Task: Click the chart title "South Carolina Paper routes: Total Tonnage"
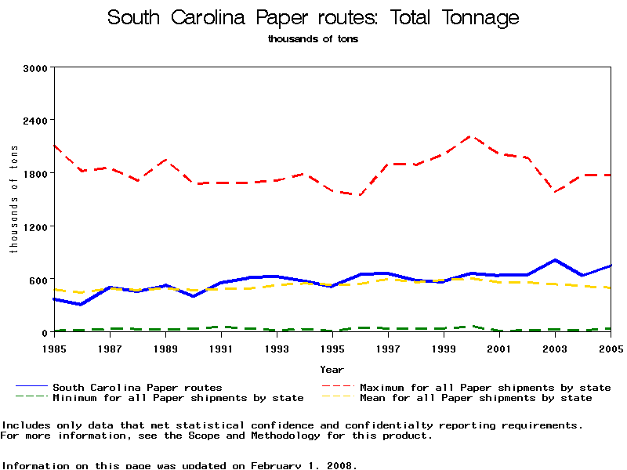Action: coord(313,18)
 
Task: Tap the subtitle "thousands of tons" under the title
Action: coord(313,38)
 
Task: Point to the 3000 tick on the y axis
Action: coord(37,68)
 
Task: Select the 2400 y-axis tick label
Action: coord(37,121)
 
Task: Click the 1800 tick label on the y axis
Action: coord(37,173)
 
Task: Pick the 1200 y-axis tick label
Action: coord(37,226)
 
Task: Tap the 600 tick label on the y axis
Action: coord(40,280)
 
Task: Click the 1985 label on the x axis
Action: coord(54,347)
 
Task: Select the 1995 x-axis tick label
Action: coord(332,347)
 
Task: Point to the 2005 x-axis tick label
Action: coord(611,347)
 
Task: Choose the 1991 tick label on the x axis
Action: coord(221,347)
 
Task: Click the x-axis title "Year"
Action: coord(332,369)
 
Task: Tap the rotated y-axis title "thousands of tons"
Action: coord(13,201)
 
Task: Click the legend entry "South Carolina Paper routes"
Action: coord(137,387)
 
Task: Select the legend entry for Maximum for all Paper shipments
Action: coord(484,387)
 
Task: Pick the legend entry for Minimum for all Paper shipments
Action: coord(177,398)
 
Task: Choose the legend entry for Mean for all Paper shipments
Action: coord(475,398)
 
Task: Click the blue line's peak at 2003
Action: coord(555,260)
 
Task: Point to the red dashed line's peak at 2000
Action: coord(472,136)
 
